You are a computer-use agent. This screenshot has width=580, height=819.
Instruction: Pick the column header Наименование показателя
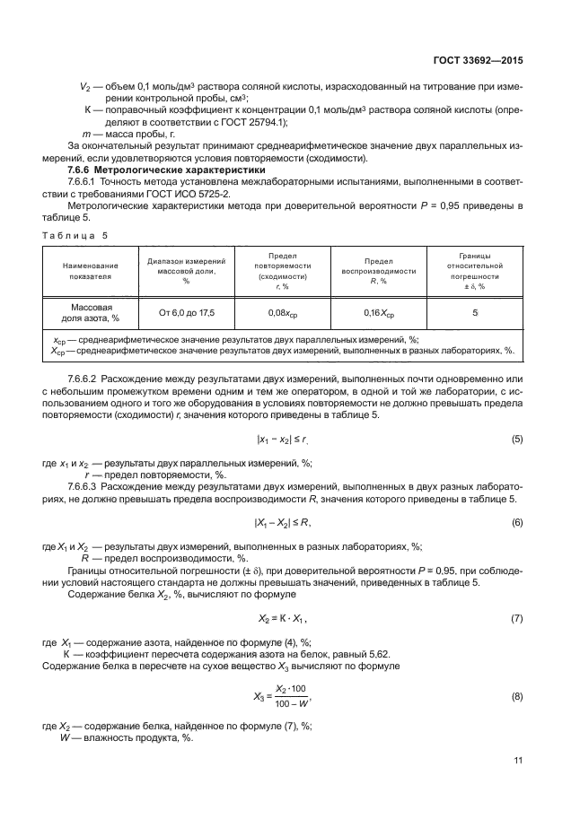coord(90,272)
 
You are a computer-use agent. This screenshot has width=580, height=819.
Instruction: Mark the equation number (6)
coord(517,521)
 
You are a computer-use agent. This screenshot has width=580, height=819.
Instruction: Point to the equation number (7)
coord(517,618)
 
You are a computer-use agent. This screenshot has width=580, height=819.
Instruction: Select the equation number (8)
coord(517,696)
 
